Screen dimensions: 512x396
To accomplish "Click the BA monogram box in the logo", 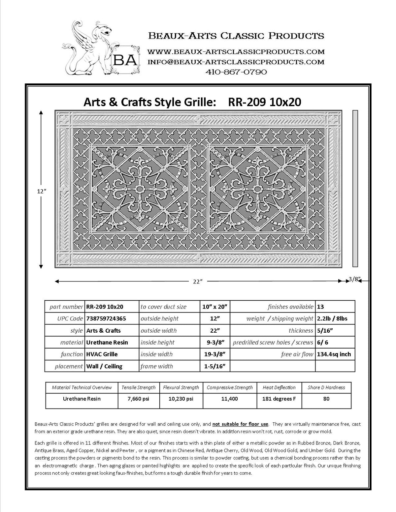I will [126, 60].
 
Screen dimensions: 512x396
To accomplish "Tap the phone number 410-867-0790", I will [236, 72].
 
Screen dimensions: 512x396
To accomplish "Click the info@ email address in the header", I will [236, 62].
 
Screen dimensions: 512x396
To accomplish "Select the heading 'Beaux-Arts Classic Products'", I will [236, 35].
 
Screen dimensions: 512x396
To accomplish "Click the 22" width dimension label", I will [197, 281].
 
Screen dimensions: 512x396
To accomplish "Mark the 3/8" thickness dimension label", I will [354, 279].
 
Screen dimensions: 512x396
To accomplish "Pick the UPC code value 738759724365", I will [106, 318].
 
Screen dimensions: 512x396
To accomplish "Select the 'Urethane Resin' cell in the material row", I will [107, 342].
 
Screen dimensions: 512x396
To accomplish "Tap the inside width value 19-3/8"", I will [214, 354].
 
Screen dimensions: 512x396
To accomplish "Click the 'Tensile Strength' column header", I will [138, 387].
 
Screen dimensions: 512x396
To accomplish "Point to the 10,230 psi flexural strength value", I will [181, 399].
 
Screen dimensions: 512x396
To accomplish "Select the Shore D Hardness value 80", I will [326, 399].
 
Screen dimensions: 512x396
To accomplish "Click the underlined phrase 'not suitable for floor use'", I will [240, 424].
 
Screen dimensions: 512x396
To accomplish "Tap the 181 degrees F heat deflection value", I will [279, 399].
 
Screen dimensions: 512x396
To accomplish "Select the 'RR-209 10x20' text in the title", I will [264, 102].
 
